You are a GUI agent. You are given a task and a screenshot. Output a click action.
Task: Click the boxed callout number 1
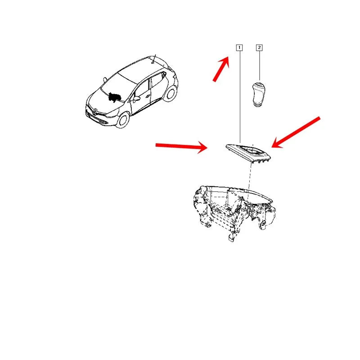[x=239, y=48]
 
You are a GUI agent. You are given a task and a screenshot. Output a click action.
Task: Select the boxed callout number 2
[x=259, y=48]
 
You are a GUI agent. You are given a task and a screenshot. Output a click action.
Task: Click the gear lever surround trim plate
[x=248, y=153]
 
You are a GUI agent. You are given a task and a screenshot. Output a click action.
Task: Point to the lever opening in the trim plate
[x=253, y=152]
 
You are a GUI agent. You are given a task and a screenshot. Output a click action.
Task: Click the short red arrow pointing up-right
[x=221, y=69]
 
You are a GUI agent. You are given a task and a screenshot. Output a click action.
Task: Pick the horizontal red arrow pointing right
[x=181, y=147]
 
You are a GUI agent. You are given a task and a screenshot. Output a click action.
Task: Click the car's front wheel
[x=122, y=120]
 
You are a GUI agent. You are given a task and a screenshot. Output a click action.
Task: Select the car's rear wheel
[x=170, y=94]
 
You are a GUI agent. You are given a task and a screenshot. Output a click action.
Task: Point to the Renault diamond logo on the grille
[x=94, y=112]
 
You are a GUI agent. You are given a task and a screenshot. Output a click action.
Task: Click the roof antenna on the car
[x=154, y=59]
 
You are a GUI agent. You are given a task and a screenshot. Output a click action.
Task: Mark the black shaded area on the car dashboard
[x=114, y=97]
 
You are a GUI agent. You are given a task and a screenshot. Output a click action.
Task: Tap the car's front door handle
[x=148, y=96]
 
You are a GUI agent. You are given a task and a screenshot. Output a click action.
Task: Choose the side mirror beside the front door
[x=136, y=99]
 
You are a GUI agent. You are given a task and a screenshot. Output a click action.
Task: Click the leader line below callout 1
[x=240, y=97]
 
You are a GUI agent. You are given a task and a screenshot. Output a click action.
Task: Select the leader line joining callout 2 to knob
[x=260, y=66]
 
